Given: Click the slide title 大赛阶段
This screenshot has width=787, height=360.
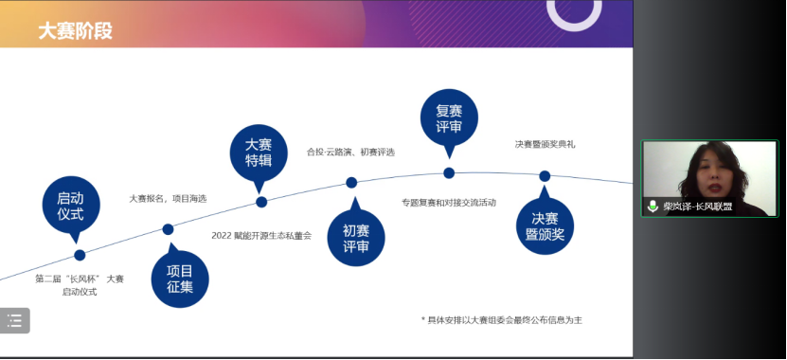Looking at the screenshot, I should point(75,30).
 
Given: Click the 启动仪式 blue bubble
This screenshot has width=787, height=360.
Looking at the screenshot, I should point(70,206).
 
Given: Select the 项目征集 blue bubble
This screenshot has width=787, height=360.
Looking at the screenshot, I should point(180,278).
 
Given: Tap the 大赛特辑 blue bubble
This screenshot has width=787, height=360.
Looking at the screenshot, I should point(259,152).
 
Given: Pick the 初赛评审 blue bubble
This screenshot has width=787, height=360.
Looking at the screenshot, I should point(356,238).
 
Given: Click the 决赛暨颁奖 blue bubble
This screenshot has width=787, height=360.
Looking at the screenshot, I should point(545,226).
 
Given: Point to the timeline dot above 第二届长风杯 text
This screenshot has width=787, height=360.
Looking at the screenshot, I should point(80,255).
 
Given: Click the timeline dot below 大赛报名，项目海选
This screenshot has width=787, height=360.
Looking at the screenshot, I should point(168,229).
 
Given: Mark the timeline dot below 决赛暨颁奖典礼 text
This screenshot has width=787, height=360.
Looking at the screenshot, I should point(545,176).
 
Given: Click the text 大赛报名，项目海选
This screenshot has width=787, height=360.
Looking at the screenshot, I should point(168,199).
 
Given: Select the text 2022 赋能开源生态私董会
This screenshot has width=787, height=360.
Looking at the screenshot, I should point(261,235).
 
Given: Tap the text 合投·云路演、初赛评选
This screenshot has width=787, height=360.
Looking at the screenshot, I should point(350,152).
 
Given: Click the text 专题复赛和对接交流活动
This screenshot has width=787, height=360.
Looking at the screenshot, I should point(448,203).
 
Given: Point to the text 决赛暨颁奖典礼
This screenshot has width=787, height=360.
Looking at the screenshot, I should point(545,144).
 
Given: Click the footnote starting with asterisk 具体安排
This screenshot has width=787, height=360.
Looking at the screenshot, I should point(502,320).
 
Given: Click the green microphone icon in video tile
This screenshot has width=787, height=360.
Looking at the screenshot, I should point(653,206).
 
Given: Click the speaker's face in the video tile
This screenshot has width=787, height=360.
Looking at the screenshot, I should point(712,171).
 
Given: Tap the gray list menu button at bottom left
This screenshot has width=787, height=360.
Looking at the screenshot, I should point(14,321).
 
